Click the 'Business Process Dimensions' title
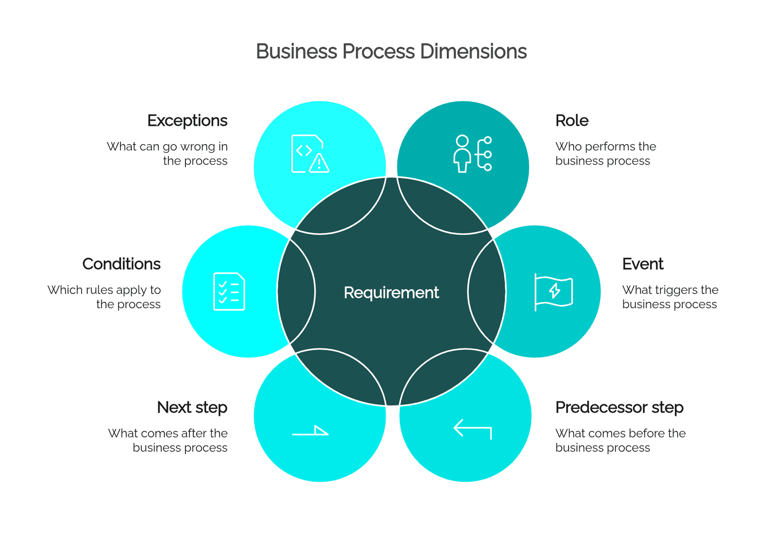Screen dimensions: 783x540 coord(391,51)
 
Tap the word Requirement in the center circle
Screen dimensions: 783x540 coord(391,292)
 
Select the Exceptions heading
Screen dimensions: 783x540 coord(187,121)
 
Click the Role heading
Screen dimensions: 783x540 coord(572,121)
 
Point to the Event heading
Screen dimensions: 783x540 coord(643,264)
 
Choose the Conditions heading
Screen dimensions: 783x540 coord(121,264)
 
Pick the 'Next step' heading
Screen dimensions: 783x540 coord(192,408)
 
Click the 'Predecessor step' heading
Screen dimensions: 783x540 coord(620,408)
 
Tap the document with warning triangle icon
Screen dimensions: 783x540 coord(310,154)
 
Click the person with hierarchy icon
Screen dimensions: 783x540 coord(473,154)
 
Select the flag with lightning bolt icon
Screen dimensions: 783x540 coord(553,292)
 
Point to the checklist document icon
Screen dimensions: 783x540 coord(229,292)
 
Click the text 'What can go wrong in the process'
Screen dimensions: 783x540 coord(167,154)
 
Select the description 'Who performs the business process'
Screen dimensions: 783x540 coord(606,154)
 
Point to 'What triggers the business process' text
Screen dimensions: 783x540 coord(670,297)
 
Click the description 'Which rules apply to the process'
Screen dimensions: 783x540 coord(104,297)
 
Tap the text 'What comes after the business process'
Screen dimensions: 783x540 coord(168,441)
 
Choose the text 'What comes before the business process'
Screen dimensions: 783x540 coord(621,441)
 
